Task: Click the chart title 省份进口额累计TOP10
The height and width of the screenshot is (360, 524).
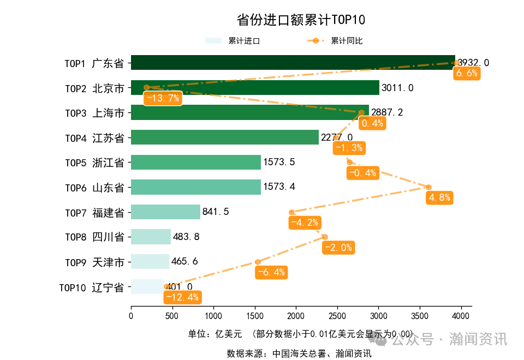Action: [301, 20]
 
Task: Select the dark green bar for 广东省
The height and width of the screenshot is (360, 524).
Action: [293, 63]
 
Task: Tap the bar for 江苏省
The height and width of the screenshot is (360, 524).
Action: [224, 137]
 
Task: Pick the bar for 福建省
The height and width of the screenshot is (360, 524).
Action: [165, 212]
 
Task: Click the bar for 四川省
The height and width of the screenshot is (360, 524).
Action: [151, 237]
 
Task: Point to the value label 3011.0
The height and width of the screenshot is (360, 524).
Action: [397, 88]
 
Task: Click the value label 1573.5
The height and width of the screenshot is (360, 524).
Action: [279, 162]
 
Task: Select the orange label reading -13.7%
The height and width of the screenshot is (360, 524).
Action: [162, 98]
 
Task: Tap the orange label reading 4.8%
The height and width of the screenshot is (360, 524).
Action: [440, 197]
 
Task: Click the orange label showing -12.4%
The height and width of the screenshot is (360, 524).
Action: [182, 297]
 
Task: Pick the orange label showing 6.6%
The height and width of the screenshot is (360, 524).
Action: [467, 73]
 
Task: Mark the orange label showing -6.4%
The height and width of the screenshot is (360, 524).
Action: [271, 272]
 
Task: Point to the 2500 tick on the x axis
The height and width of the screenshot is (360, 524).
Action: [337, 315]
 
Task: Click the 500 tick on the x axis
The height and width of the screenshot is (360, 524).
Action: [172, 315]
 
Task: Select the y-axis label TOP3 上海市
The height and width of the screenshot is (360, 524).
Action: [94, 113]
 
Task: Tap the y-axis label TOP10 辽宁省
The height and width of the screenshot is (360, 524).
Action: [91, 287]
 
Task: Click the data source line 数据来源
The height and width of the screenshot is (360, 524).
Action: [299, 353]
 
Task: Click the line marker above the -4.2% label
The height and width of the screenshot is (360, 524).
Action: [291, 212]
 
